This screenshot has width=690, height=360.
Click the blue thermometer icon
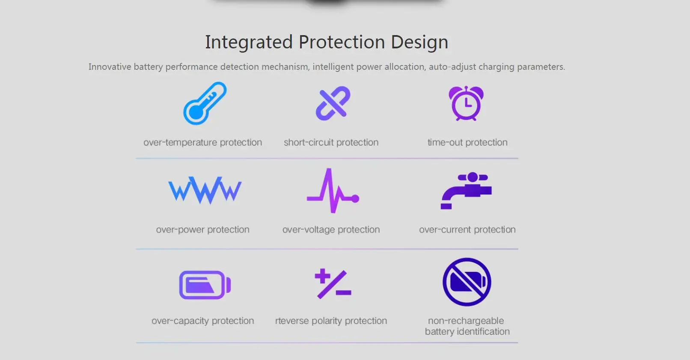[x=205, y=104]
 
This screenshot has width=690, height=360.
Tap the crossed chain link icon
[x=333, y=103]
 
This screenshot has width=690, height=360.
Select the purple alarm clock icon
[x=466, y=103]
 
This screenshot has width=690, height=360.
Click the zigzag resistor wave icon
[x=205, y=190]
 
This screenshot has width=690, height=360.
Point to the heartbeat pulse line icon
[x=333, y=190]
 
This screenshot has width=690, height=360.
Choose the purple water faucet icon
[x=466, y=190]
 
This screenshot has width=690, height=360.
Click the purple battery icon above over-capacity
[x=205, y=285]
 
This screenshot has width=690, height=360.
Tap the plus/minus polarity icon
[x=333, y=284]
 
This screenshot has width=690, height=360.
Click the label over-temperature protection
[x=203, y=142]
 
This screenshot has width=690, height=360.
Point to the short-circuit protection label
[x=331, y=142]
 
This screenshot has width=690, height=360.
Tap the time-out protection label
[x=467, y=142]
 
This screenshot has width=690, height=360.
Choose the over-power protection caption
[x=203, y=229]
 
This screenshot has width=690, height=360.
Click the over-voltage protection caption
[x=331, y=229]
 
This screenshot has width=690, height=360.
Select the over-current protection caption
[x=467, y=229]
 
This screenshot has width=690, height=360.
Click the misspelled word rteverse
[x=292, y=321]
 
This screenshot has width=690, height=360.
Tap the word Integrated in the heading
[x=249, y=42]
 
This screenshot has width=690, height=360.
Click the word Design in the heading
[x=419, y=42]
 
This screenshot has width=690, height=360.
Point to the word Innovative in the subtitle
[x=110, y=66]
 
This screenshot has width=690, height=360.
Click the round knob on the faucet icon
[x=473, y=177]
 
